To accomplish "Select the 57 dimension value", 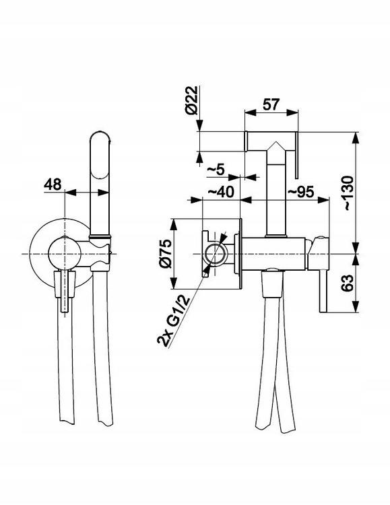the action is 271,104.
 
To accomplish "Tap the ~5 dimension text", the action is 216,169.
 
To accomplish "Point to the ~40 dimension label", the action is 221,192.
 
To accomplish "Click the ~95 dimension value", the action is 300,192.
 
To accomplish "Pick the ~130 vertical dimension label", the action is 348,193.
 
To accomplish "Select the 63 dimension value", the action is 348,283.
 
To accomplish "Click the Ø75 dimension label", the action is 166,254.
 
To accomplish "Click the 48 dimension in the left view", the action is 53,184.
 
